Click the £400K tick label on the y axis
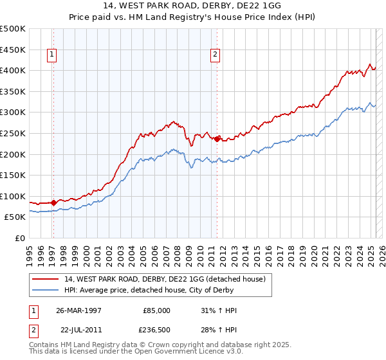tap(13, 70)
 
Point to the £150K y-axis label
tap(13, 175)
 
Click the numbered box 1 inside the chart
tap(51, 55)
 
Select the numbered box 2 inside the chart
tap(214, 55)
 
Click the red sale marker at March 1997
tap(53, 203)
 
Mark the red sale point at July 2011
tap(217, 138)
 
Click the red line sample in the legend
tap(46, 279)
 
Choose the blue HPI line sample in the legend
tap(46, 290)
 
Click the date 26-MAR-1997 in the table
tap(78, 310)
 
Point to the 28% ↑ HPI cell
tap(219, 329)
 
